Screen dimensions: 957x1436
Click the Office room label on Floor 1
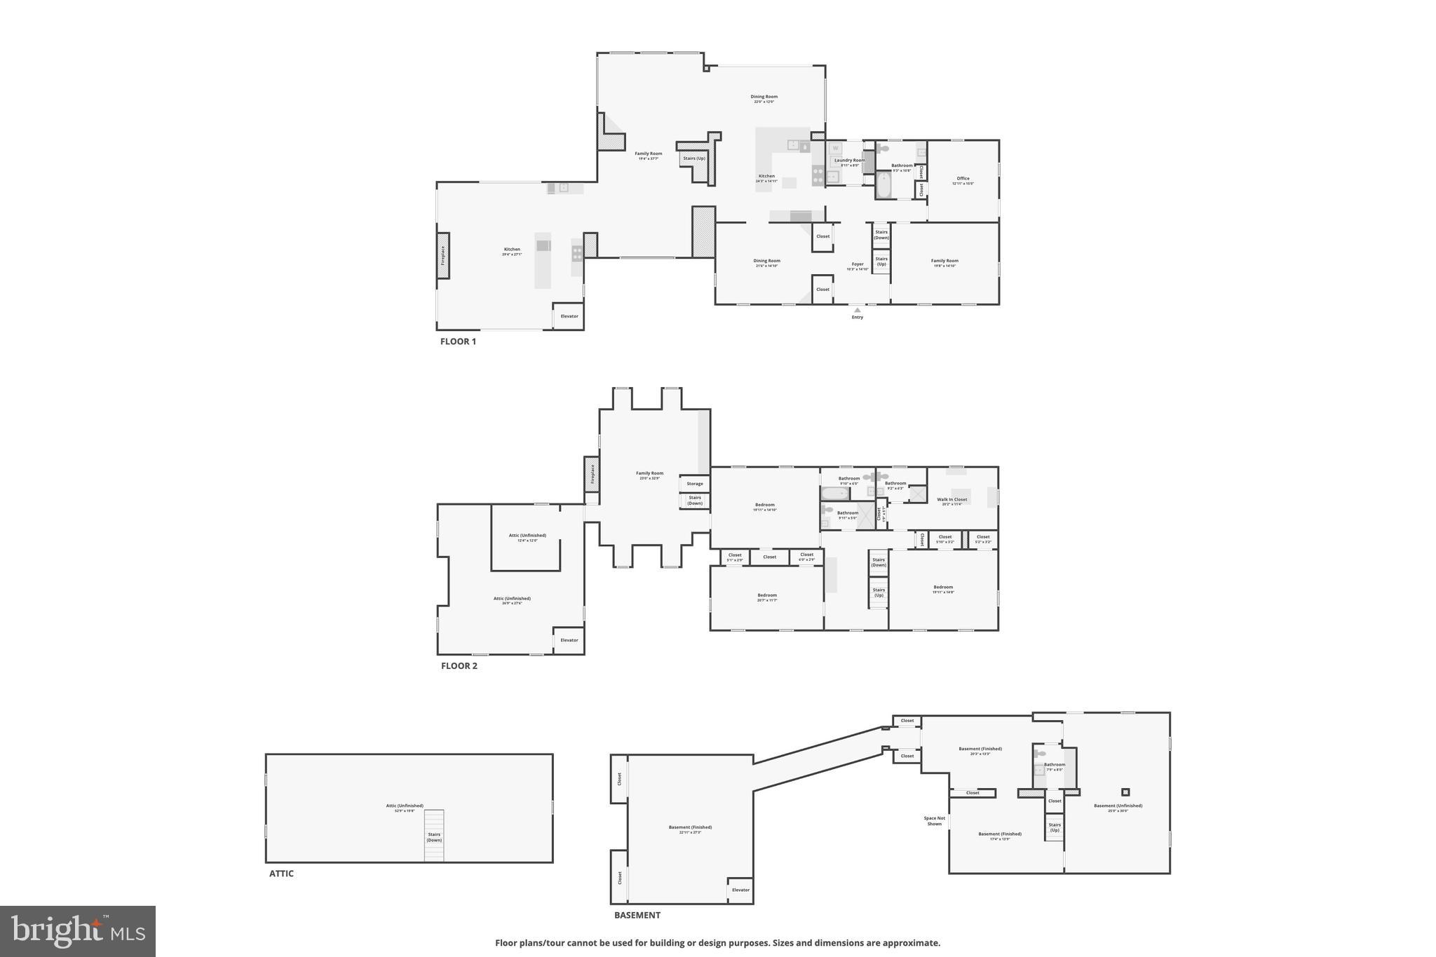pyautogui.click(x=963, y=180)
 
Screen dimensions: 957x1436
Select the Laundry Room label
pyautogui.click(x=849, y=161)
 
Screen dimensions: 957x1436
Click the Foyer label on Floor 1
pyautogui.click(x=858, y=266)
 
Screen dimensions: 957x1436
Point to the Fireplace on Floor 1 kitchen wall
pyautogui.click(x=443, y=255)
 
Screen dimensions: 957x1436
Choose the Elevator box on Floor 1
pyautogui.click(x=569, y=316)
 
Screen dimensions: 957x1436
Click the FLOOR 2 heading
pyautogui.click(x=459, y=665)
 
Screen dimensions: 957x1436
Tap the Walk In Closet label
pyautogui.click(x=951, y=501)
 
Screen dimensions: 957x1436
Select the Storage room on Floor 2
pyautogui.click(x=694, y=484)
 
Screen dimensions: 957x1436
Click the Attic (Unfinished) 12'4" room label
pyautogui.click(x=527, y=537)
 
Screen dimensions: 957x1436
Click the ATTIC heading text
pyautogui.click(x=281, y=874)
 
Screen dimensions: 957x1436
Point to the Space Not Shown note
pyautogui.click(x=934, y=821)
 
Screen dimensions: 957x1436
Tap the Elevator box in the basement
pyautogui.click(x=740, y=890)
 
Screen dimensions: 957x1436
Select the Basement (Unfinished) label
pyautogui.click(x=1118, y=807)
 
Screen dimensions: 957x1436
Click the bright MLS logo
pyautogui.click(x=77, y=931)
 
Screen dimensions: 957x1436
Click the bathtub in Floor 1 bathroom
pyautogui.click(x=883, y=185)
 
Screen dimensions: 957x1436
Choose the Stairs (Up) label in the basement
pyautogui.click(x=1054, y=827)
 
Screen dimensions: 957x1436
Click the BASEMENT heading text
pyautogui.click(x=637, y=915)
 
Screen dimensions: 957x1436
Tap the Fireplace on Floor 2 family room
pyautogui.click(x=592, y=474)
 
